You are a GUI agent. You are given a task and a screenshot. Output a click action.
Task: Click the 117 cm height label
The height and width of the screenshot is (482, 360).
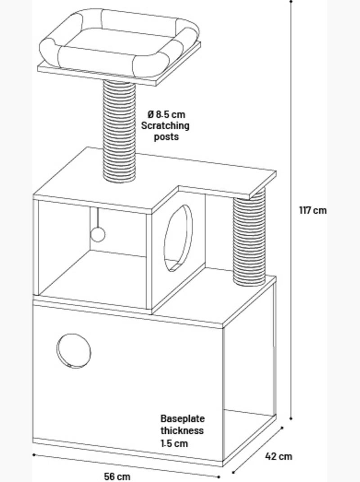click(313, 210)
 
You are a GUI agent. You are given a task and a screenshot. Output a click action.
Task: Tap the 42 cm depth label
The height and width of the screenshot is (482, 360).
click(279, 456)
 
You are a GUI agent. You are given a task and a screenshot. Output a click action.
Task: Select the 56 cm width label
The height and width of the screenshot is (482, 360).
click(117, 477)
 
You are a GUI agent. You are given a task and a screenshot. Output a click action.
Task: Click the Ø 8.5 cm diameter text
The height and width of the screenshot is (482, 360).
click(166, 114)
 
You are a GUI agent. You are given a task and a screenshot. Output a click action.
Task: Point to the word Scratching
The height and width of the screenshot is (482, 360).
click(165, 126)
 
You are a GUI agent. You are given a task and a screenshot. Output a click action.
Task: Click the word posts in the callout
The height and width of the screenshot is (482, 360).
click(166, 137)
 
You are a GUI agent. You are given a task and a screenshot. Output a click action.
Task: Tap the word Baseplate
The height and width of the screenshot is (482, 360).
click(182, 418)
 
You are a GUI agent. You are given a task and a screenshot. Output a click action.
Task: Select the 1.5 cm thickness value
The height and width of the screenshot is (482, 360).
click(174, 443)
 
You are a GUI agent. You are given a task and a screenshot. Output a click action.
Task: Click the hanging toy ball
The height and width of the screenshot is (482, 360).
click(98, 235)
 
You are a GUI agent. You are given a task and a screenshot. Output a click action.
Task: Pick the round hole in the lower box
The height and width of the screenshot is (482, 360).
click(74, 351)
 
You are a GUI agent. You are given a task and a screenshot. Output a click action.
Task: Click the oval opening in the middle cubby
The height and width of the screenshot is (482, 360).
click(179, 238)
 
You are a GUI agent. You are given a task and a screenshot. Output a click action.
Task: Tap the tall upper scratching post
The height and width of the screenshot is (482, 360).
click(119, 131)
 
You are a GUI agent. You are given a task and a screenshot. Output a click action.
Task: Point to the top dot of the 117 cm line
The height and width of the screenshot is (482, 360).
click(291, 1)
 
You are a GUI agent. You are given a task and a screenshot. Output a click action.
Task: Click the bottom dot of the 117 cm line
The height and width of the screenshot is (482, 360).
click(291, 418)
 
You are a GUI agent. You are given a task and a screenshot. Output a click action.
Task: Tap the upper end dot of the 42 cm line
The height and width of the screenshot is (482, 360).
click(282, 427)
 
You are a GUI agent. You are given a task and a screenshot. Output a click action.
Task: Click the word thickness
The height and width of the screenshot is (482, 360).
click(182, 431)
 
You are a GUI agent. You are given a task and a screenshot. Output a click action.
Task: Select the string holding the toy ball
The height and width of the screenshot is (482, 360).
click(98, 218)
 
